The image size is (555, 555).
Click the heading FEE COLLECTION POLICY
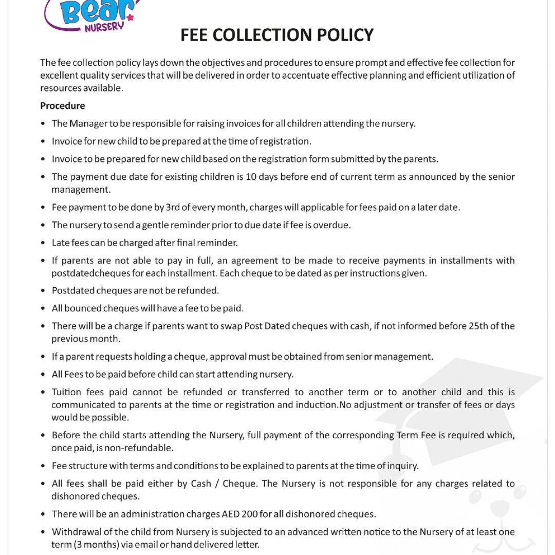coord(277,35)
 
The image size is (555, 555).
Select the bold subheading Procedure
coord(62,106)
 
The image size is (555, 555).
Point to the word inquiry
coord(402,466)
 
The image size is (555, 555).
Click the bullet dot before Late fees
coord(43,243)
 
